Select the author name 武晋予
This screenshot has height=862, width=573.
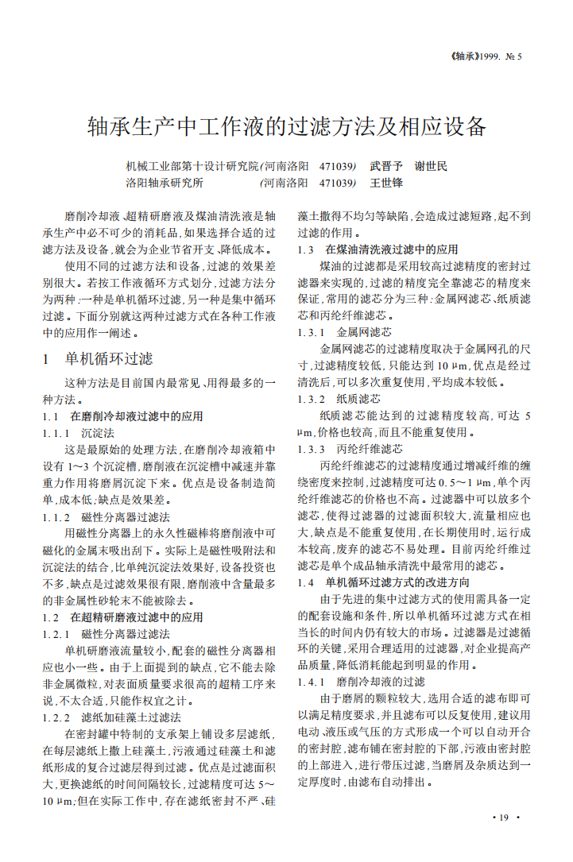point(386,167)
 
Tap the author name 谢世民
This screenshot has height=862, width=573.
point(432,167)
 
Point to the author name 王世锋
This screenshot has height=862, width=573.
point(386,183)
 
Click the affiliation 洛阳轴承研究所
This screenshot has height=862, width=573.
point(165,183)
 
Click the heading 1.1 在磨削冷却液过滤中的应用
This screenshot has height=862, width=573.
point(122,416)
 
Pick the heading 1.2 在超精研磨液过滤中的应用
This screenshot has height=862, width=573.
point(122,617)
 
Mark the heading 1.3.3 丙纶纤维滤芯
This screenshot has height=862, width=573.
point(350,449)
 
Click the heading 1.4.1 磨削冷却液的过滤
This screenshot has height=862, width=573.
point(361,682)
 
